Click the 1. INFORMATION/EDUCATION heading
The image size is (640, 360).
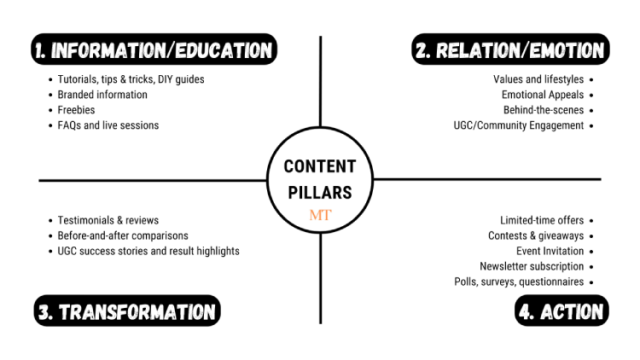pyautogui.click(x=153, y=50)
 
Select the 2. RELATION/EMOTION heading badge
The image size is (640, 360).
pyautogui.click(x=509, y=50)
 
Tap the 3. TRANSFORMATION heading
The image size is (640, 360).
pyautogui.click(x=127, y=311)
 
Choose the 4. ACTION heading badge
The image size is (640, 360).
pyautogui.click(x=561, y=311)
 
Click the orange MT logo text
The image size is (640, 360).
pyautogui.click(x=320, y=215)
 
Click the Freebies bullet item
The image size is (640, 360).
pyautogui.click(x=76, y=110)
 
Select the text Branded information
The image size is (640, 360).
pyautogui.click(x=102, y=95)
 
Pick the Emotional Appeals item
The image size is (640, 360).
pyautogui.click(x=543, y=95)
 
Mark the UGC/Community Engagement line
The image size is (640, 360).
pyautogui.click(x=519, y=125)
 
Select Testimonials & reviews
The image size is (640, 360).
pyautogui.click(x=108, y=220)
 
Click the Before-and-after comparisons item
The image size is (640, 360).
pyautogui.click(x=123, y=235)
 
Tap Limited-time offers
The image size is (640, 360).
pyautogui.click(x=542, y=220)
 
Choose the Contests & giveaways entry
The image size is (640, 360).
pyautogui.click(x=536, y=235)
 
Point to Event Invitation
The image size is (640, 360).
pyautogui.click(x=550, y=251)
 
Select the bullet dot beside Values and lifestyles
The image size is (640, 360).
pyautogui.click(x=591, y=79)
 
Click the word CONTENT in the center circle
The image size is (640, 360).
pyautogui.click(x=320, y=166)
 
